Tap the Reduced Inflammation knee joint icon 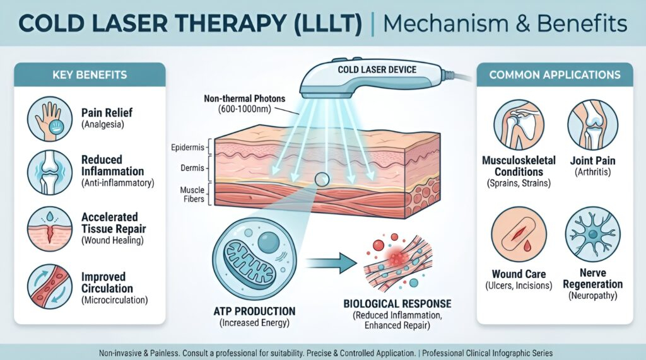pos(50,171)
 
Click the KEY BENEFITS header pos(89,75)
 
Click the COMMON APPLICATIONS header pos(555,75)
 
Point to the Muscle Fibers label pos(191,194)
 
